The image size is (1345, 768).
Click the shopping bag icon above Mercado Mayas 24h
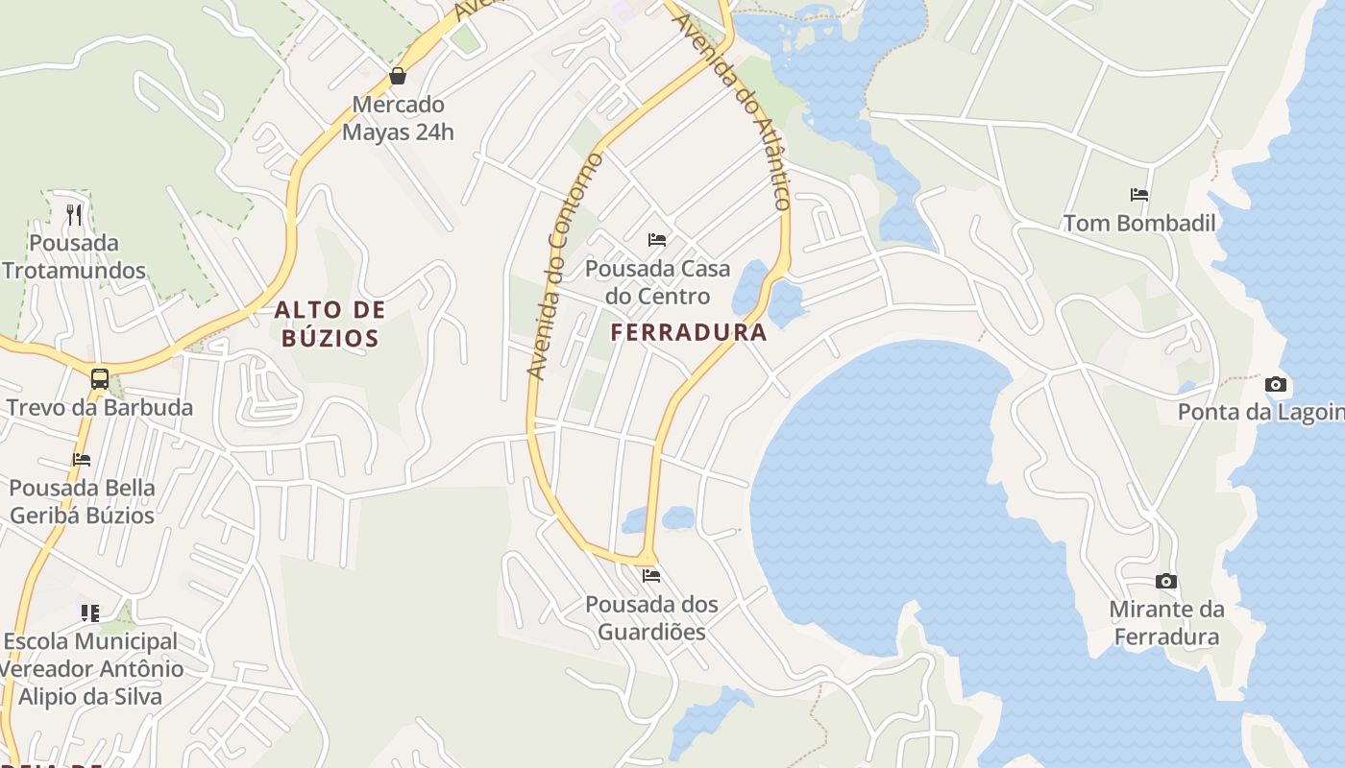click(x=398, y=76)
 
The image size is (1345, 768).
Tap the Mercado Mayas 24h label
click(x=398, y=118)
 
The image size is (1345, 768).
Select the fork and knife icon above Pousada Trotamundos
click(x=74, y=213)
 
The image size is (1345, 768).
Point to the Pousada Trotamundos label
click(x=74, y=256)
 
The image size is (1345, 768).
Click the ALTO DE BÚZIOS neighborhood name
click(x=330, y=324)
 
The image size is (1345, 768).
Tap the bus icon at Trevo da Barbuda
click(x=99, y=378)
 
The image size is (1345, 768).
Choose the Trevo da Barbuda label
click(x=100, y=407)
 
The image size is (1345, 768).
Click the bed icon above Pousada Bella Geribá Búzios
click(x=82, y=460)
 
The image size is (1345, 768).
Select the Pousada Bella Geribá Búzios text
click(x=82, y=501)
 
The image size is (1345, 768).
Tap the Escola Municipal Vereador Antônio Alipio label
click(x=91, y=668)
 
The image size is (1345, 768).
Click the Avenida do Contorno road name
click(x=564, y=265)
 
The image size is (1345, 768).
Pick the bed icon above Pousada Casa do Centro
click(x=657, y=239)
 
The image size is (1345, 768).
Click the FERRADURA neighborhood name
click(x=689, y=333)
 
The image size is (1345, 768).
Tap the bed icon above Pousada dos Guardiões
click(x=651, y=576)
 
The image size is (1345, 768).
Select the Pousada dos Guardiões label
click(x=652, y=618)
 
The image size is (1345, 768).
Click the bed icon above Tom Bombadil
click(x=1139, y=195)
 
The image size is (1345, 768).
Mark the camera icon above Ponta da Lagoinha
click(x=1276, y=384)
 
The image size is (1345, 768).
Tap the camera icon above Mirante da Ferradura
click(x=1166, y=581)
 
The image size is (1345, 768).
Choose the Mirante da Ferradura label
click(x=1166, y=623)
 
